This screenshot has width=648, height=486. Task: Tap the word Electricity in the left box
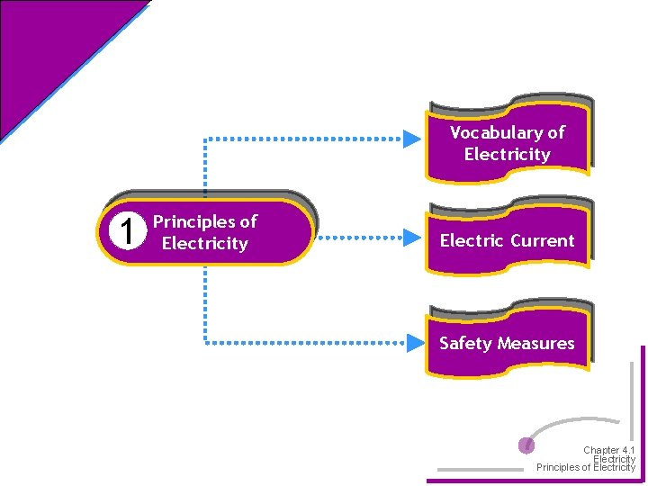(204, 244)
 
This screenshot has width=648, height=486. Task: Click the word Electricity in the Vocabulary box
(508, 155)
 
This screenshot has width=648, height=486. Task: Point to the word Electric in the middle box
(472, 241)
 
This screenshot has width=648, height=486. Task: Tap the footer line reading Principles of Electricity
(585, 467)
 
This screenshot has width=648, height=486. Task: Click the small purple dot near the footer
(527, 445)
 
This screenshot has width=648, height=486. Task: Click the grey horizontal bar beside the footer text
(479, 469)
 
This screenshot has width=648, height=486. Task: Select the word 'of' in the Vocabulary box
(556, 132)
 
